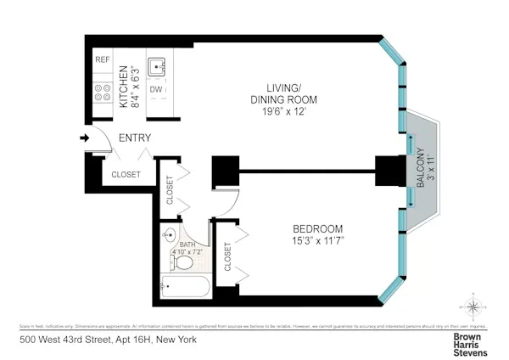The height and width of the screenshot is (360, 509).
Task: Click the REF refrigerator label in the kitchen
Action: click(x=103, y=59)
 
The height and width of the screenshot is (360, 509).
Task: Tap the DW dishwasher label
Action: click(x=156, y=89)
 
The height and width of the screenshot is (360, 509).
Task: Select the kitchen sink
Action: click(x=157, y=66)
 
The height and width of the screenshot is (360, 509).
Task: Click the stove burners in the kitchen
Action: click(x=103, y=92)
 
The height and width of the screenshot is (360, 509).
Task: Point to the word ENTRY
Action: click(x=134, y=138)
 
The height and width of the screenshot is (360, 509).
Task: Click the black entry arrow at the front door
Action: click(x=83, y=138)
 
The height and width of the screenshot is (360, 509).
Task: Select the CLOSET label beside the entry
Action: click(x=126, y=175)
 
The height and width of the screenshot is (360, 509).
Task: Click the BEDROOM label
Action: click(x=317, y=228)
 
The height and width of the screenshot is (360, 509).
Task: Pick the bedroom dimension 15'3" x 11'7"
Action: click(x=317, y=240)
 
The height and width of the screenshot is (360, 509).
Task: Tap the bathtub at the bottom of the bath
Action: click(x=184, y=287)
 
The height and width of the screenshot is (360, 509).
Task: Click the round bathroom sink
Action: click(x=169, y=235)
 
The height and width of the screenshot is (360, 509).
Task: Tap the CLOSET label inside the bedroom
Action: click(x=227, y=256)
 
